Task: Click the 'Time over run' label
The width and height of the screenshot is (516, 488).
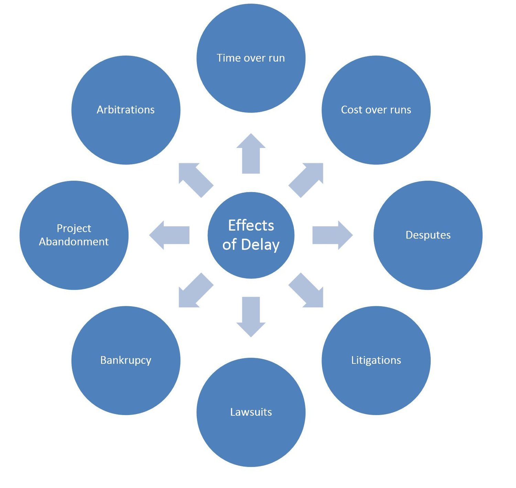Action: tap(251, 58)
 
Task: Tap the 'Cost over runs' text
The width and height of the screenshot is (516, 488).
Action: tap(376, 110)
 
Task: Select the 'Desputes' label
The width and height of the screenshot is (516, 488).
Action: tap(428, 235)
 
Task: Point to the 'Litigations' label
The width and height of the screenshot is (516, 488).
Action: tap(376, 360)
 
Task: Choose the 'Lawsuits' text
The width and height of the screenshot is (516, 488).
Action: tap(251, 412)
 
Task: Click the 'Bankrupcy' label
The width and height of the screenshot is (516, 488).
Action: tap(126, 360)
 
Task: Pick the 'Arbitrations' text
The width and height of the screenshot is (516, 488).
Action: tap(126, 110)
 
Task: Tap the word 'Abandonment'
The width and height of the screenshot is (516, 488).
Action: tap(74, 242)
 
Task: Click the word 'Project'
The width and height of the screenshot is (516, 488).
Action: tap(74, 228)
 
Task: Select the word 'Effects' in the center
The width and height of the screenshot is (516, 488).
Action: tap(251, 225)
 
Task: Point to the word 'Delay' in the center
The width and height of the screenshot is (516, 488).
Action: tap(260, 245)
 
